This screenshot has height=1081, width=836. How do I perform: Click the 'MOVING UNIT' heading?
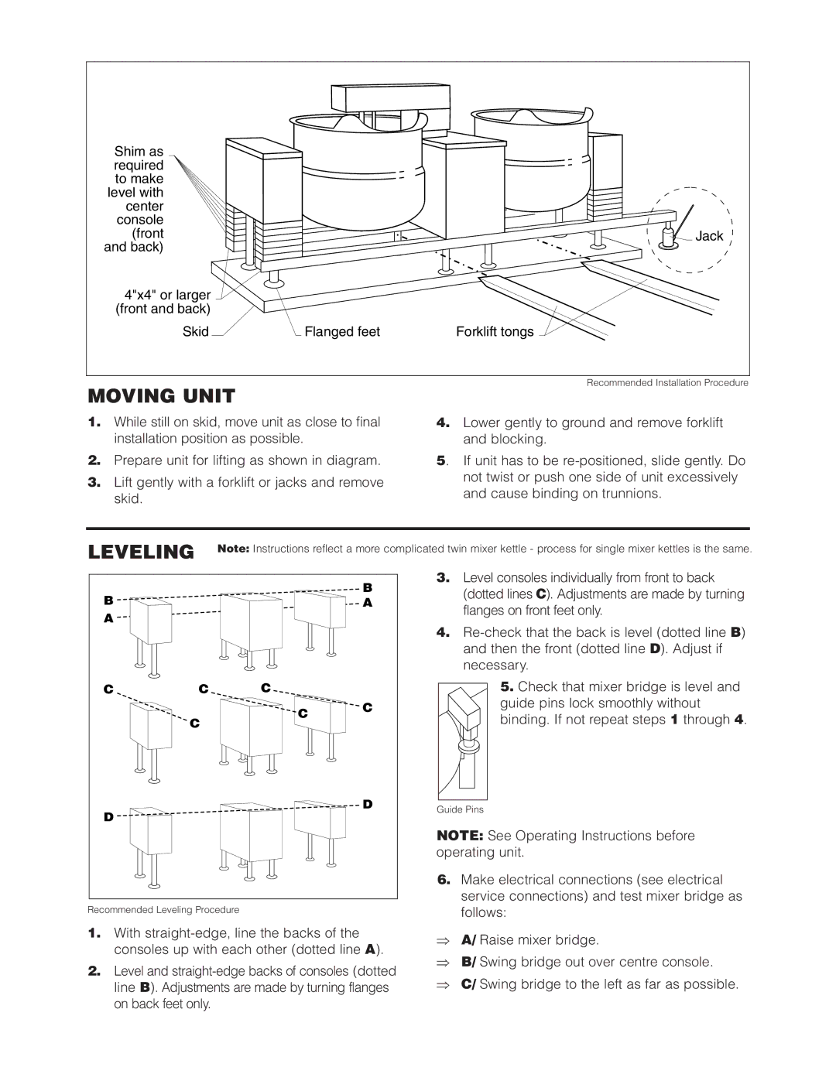(x=161, y=396)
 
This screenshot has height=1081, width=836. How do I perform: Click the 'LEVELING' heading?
(x=141, y=552)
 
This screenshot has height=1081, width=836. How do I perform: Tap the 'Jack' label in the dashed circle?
(x=708, y=236)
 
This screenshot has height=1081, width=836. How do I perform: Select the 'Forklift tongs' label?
(x=495, y=332)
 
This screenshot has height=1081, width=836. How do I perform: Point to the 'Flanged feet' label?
(x=342, y=332)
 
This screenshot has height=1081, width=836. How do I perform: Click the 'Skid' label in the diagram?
(x=196, y=332)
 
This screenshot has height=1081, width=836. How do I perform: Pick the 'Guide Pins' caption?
(x=460, y=809)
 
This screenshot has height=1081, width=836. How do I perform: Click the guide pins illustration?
(x=462, y=741)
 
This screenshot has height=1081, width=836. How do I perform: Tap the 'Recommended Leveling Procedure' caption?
(x=163, y=910)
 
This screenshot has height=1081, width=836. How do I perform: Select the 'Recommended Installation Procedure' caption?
(x=667, y=383)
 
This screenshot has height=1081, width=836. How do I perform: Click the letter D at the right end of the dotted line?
(x=368, y=804)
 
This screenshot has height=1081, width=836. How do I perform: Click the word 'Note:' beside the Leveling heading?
(x=233, y=549)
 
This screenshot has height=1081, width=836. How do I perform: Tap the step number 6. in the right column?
(x=443, y=880)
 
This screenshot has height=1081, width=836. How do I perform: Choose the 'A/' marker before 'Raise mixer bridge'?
(x=468, y=940)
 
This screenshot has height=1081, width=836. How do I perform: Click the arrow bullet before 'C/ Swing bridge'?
(x=443, y=984)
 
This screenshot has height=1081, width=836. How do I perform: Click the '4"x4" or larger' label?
(x=167, y=295)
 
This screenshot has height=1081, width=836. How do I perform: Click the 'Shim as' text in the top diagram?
(x=139, y=152)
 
